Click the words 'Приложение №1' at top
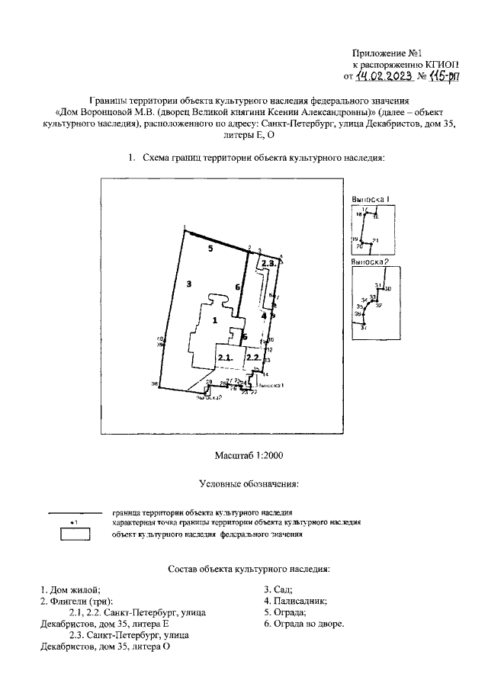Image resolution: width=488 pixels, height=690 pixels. pos(387,53)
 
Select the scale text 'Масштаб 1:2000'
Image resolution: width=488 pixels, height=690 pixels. pos(250,455)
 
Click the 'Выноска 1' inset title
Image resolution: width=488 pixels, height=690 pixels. pos(371,199)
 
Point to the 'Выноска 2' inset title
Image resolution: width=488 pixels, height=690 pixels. pos(371,262)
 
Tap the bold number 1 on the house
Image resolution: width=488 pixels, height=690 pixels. pos(215,320)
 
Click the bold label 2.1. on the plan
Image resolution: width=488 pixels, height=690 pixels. pos(225,357)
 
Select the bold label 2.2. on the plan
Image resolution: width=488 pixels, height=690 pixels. pos(253,357)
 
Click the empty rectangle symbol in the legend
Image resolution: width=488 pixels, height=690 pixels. pos(75,534)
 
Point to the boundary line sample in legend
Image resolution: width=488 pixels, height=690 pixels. pos(75,512)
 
